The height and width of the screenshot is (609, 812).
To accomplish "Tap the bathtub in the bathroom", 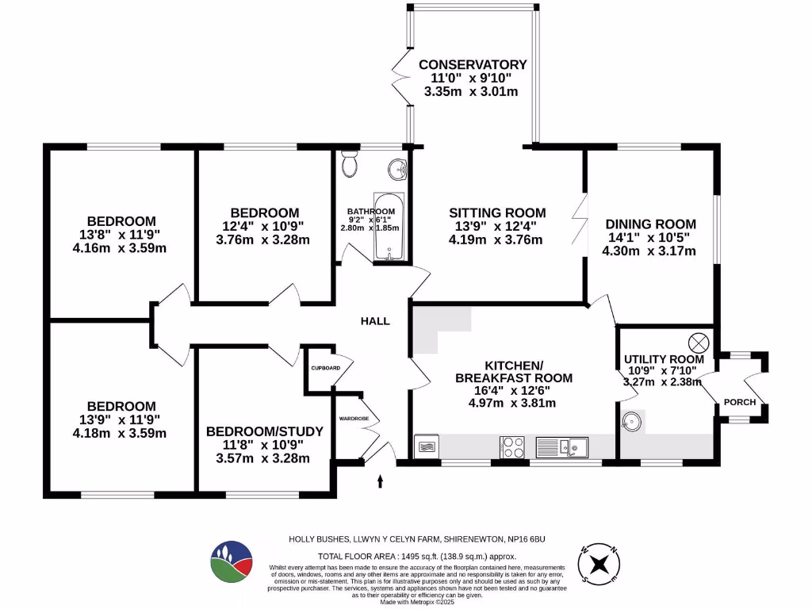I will click(x=389, y=226).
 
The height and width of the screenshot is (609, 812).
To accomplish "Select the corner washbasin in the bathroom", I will click(x=398, y=168).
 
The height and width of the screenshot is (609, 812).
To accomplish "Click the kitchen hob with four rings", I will click(x=511, y=447).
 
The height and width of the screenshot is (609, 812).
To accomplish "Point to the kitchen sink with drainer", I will click(x=561, y=447).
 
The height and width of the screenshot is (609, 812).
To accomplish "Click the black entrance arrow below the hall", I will click(x=381, y=481).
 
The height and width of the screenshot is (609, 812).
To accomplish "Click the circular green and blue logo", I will click(x=232, y=562).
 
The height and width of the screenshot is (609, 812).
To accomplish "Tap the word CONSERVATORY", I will click(x=473, y=64).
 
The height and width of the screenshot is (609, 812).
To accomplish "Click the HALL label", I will click(x=375, y=321).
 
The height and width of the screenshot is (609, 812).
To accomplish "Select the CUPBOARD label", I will click(x=325, y=369).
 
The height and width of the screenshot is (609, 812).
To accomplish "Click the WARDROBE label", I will click(x=353, y=417).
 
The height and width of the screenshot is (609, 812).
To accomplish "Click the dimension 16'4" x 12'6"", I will click(x=513, y=391).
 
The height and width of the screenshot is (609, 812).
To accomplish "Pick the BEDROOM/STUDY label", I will click(x=264, y=431).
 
